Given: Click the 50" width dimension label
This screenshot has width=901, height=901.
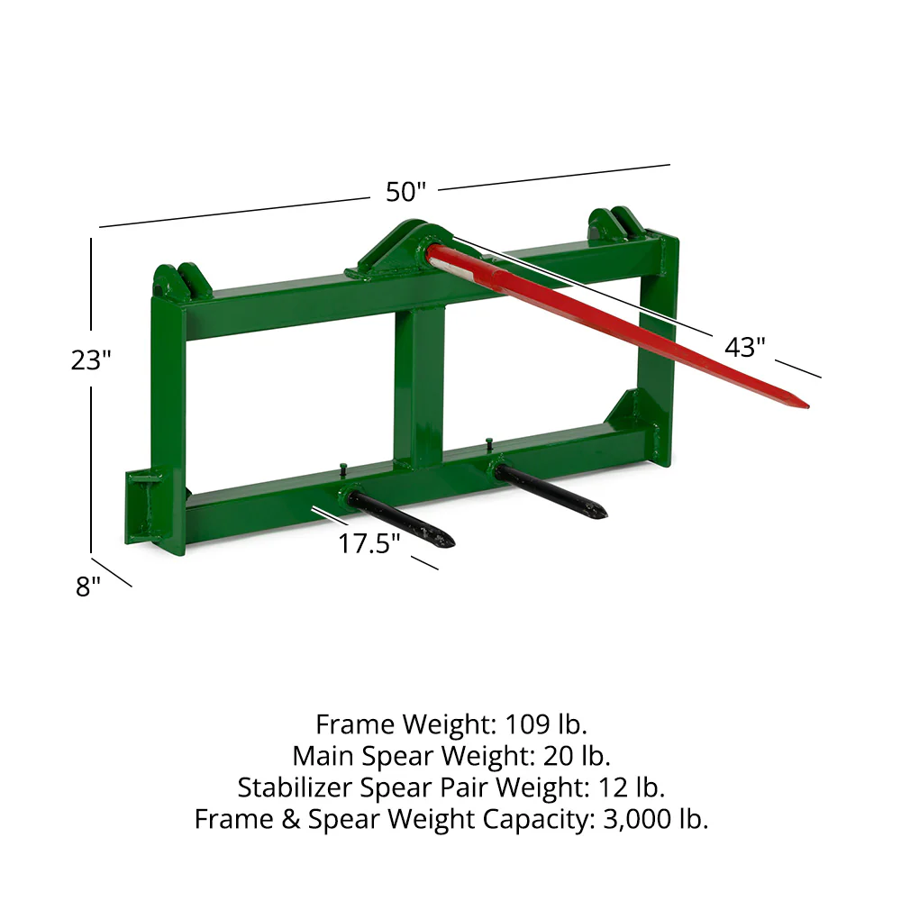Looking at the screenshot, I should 405,192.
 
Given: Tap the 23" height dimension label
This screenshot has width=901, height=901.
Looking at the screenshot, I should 91,359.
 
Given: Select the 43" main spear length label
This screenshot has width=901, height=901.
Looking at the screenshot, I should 746,345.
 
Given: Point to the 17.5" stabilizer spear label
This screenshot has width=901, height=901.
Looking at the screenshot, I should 369,543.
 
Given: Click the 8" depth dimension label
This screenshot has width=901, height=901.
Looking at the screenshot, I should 88,587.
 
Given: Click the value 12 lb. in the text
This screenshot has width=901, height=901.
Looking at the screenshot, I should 632,787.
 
